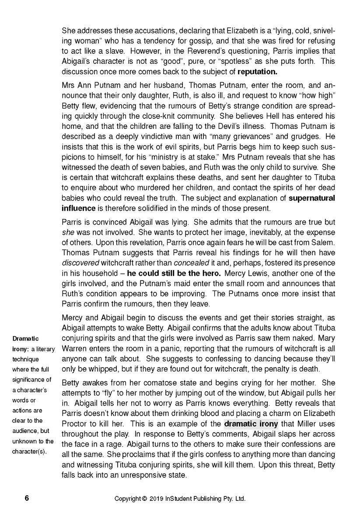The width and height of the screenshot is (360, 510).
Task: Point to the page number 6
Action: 27,498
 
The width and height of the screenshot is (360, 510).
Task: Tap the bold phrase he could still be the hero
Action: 174,273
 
